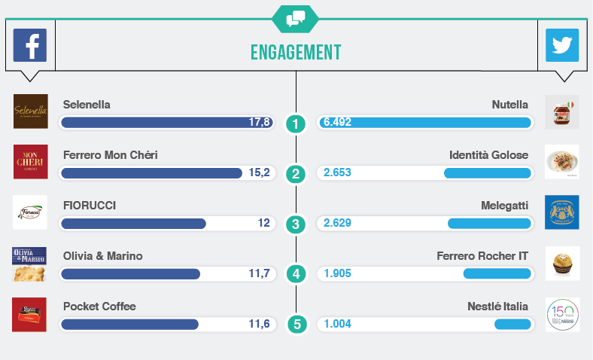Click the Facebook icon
point(30,45)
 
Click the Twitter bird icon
point(562,45)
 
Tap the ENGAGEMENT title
point(296,52)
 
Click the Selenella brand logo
point(31,111)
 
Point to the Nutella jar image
point(561,111)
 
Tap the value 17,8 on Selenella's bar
point(259,122)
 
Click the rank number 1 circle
point(296,124)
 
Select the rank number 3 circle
point(296,224)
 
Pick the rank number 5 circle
point(296,325)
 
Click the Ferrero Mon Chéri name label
point(111,155)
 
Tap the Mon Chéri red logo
point(31,162)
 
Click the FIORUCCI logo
point(31,212)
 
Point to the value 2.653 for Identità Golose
point(337,172)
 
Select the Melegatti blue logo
point(561,212)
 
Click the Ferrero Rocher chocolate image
point(561,264)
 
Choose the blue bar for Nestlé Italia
point(512,324)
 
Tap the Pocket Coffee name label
point(99,307)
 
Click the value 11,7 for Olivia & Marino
point(259,273)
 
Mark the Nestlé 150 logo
point(561,314)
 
